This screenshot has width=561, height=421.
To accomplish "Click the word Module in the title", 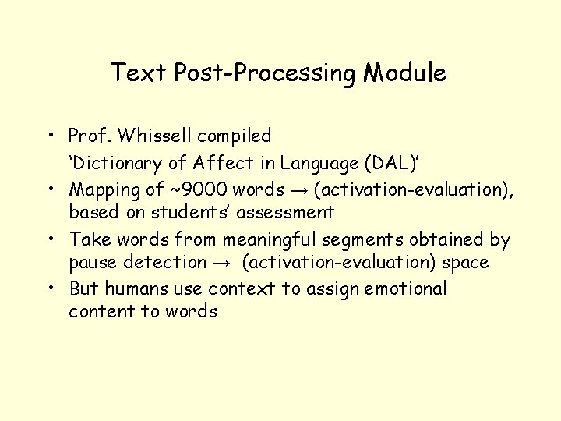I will (x=404, y=73).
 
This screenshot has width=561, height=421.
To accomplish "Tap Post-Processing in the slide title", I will (x=266, y=73).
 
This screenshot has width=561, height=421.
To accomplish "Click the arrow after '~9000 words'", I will (x=298, y=189).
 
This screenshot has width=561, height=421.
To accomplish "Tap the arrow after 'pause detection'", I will (x=223, y=263).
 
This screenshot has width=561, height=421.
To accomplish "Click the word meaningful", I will (x=242, y=239).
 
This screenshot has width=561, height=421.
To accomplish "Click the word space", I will (x=465, y=262).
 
